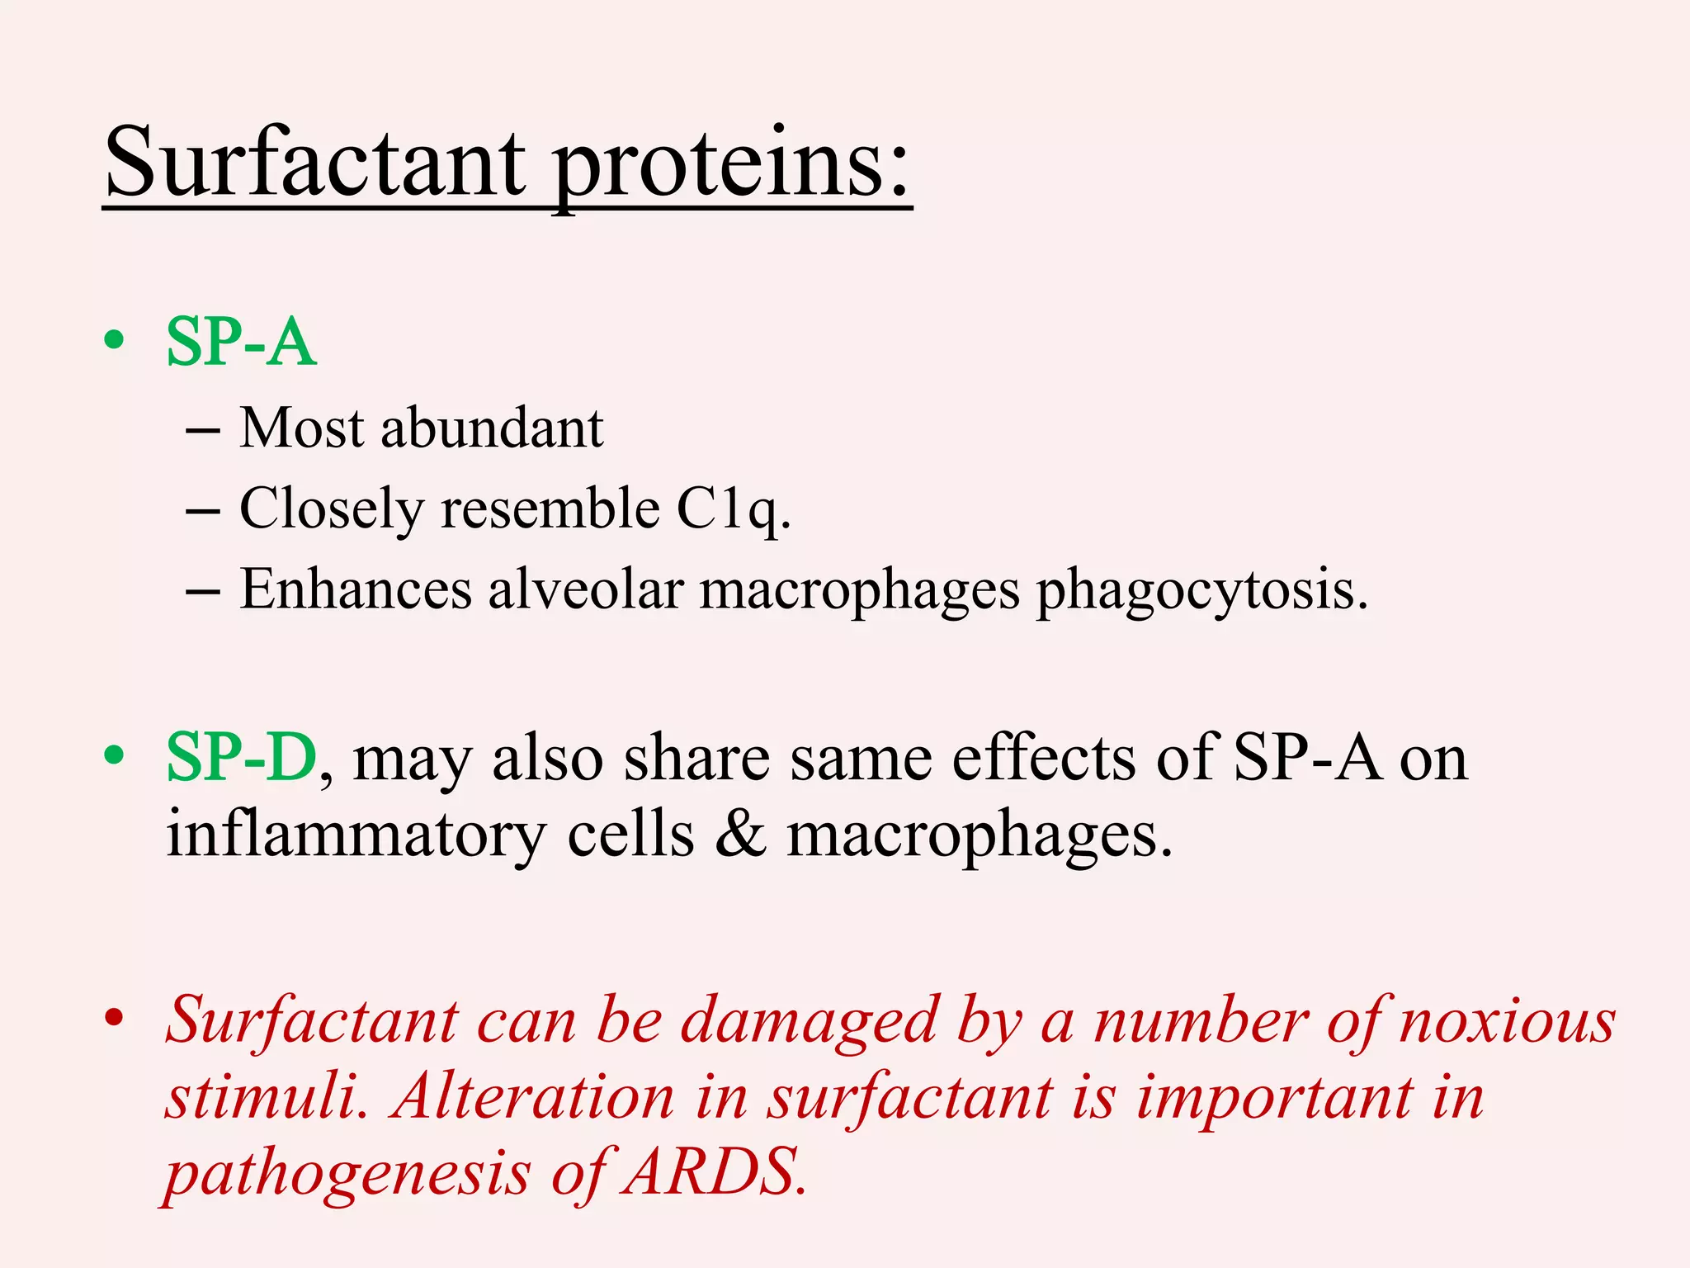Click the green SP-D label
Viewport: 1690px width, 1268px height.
coord(242,757)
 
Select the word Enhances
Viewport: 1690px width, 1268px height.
coord(356,589)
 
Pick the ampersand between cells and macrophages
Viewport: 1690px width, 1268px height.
coord(740,834)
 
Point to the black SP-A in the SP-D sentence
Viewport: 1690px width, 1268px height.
coord(1306,757)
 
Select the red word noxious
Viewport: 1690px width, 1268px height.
coord(1507,1022)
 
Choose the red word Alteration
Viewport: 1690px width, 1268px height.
coord(533,1098)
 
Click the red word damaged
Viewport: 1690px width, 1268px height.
coord(809,1022)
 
